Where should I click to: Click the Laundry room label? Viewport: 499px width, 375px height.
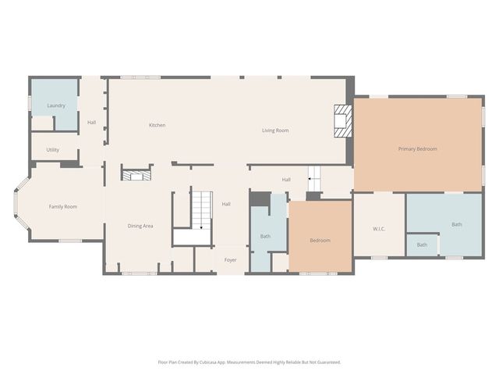pos(56,105)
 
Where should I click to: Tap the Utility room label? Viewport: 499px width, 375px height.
pos(52,149)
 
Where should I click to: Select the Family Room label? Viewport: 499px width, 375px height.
pos(63,206)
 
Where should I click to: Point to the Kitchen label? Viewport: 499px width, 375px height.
pos(157,125)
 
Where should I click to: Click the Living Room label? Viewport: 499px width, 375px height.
pos(275,130)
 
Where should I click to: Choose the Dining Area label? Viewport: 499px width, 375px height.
pos(140,226)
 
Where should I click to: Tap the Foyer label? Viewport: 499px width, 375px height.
pos(231,260)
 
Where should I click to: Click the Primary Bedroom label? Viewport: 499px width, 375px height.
pos(418,149)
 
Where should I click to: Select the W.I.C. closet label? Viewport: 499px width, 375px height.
pos(379,229)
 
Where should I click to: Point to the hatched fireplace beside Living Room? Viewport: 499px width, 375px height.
pos(343,121)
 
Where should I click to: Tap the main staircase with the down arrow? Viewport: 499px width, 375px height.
pos(202,210)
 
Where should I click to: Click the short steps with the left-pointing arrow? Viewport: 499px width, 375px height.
pos(314,179)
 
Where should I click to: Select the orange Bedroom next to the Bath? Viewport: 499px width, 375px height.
pos(320,237)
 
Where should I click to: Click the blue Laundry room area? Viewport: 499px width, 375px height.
pos(55,105)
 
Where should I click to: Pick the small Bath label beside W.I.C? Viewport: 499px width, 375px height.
pos(422,245)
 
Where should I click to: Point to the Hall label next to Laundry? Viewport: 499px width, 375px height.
pos(92,123)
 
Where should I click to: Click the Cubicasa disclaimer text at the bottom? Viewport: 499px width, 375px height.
pos(249,362)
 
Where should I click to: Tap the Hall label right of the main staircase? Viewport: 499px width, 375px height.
pos(226,204)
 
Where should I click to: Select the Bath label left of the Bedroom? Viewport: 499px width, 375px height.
pos(265,236)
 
